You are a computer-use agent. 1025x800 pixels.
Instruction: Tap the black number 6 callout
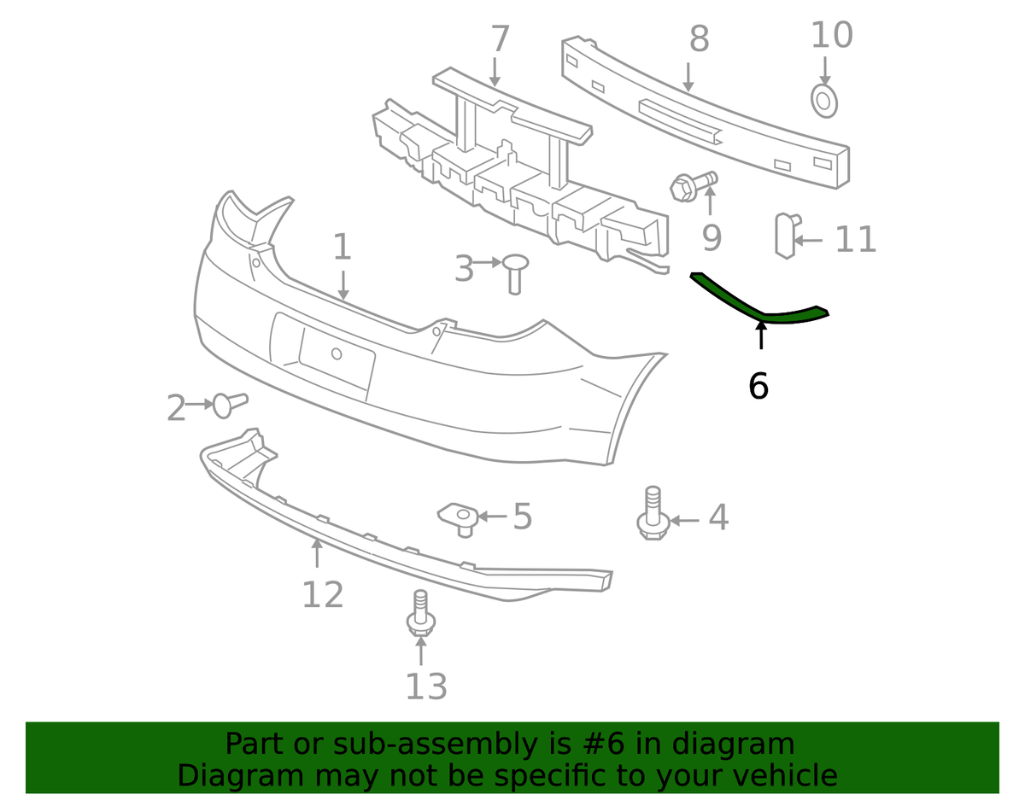tap(758, 386)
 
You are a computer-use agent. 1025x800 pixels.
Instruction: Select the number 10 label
tap(832, 35)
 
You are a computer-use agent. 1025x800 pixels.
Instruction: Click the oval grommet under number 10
tap(824, 102)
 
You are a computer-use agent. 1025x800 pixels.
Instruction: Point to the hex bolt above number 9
tap(694, 186)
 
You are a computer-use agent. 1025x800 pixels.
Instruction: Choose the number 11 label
tap(855, 240)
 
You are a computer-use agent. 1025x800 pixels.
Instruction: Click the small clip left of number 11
tap(787, 236)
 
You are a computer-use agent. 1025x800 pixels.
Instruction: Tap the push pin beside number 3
tap(515, 274)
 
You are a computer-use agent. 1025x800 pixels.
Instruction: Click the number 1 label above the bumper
tap(342, 247)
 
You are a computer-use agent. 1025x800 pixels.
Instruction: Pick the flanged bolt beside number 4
tap(653, 513)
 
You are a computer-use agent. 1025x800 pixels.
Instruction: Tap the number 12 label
tap(323, 595)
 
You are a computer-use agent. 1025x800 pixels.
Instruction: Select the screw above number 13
tap(421, 613)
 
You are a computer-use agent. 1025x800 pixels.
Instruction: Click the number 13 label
tap(426, 686)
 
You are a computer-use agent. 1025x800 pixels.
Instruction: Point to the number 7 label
tap(501, 38)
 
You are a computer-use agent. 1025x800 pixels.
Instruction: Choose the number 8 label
tap(699, 38)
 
